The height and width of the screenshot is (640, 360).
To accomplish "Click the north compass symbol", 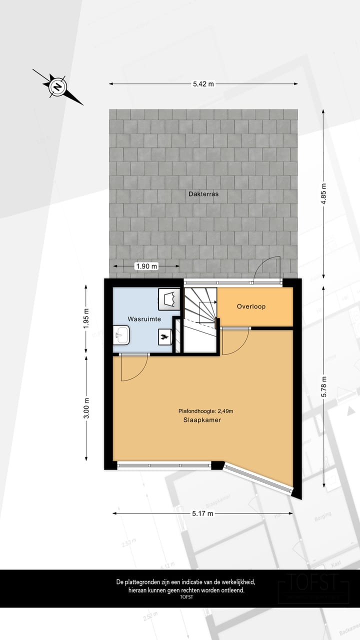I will point(58,87).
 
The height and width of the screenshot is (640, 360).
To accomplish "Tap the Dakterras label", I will point(203,193).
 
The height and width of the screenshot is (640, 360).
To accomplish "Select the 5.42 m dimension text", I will point(203,84).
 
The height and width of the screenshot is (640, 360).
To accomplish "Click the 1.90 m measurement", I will point(146,266).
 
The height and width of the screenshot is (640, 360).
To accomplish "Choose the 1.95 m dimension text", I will point(86,318).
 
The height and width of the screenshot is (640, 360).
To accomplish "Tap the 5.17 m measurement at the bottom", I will point(203,513).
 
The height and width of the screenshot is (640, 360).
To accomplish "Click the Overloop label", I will point(251,306).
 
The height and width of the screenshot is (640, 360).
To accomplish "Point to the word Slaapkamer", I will point(202,420).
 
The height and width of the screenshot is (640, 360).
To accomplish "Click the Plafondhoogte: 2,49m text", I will point(206,411).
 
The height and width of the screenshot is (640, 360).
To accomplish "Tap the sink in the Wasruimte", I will point(121,335).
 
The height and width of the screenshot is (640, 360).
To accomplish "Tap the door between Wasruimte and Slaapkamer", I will point(134,367).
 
